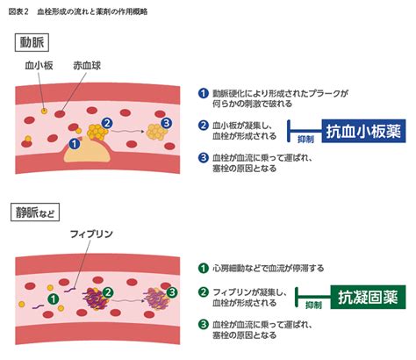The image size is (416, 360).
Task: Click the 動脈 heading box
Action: point(33,40)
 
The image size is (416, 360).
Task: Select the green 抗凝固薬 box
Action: point(367,298)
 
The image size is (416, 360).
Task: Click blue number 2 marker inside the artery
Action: point(106,124)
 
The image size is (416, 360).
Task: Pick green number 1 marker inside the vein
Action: point(54,299)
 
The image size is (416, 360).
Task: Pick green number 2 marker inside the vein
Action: point(108,291)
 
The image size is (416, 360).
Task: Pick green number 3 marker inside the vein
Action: point(171,292)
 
